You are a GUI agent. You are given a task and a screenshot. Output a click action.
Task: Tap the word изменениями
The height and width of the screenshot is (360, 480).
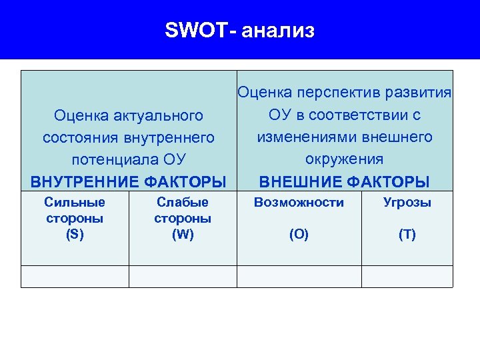pos(299,137)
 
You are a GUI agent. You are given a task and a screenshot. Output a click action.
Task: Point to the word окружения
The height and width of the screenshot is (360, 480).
pos(344,159)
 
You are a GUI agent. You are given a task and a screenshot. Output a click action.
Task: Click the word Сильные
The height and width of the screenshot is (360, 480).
pos(74,202)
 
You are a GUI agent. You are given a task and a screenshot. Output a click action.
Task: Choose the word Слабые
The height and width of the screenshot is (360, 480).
pos(182,202)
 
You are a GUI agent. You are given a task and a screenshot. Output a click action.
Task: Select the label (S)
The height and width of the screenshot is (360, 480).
pos(75,234)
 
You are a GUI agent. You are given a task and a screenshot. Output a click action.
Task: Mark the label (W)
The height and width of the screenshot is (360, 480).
pos(182,234)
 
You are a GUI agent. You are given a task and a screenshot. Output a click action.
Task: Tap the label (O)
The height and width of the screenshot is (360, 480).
pos(299,235)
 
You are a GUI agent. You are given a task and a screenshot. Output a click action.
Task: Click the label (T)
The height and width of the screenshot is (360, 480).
pos(407,235)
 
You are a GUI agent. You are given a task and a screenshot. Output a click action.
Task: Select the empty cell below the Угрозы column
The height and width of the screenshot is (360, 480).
pos(407,277)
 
